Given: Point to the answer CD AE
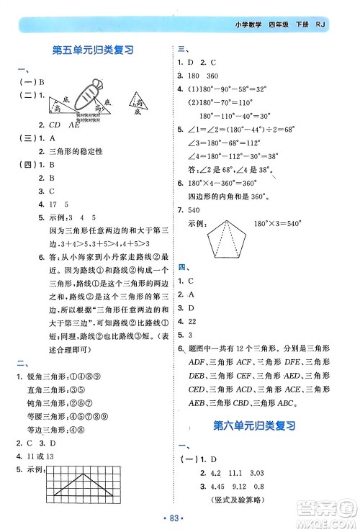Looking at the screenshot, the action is coord(60,124).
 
